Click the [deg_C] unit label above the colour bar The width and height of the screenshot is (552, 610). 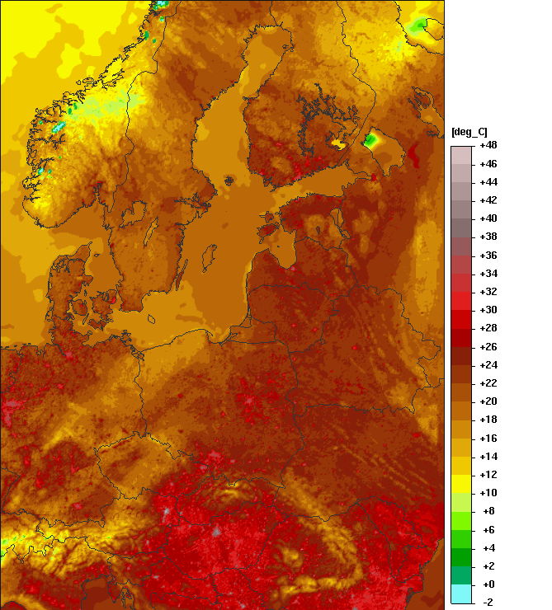coord(469,132)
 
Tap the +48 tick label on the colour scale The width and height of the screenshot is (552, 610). coord(488,145)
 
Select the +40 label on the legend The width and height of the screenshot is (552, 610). coord(488,218)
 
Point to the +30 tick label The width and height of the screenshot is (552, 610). coord(488,310)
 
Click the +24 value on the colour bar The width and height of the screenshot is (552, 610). coord(488,364)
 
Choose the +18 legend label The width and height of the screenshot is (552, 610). coord(488,420)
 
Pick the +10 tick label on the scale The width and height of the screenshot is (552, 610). coord(488,492)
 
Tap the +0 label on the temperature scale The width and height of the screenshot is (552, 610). coord(488,584)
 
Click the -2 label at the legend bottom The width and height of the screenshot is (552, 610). coord(488,602)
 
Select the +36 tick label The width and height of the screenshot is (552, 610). coord(488,255)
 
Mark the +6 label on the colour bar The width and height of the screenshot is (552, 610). coord(488,529)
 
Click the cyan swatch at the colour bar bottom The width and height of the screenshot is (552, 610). coord(461,594)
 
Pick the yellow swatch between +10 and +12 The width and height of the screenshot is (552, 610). coord(461,484)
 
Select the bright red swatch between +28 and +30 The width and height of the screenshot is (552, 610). coord(461,319)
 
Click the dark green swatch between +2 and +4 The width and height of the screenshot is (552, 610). coord(461,556)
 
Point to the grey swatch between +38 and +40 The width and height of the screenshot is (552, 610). coord(461,228)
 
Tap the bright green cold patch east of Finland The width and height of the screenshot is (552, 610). coord(371,140)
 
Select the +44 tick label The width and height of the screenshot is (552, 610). coord(488,181)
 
